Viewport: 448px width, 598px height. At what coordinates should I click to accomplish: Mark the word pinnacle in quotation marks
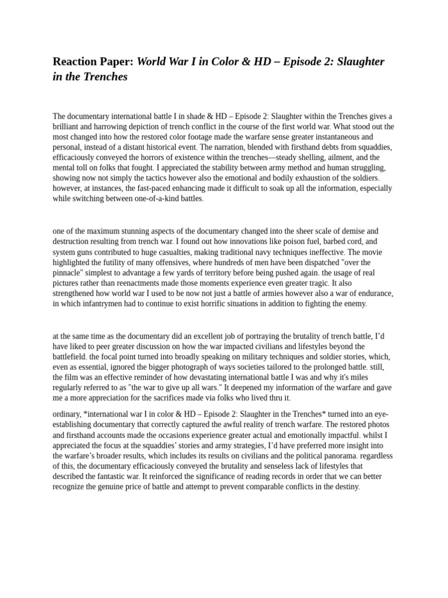point(71,273)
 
